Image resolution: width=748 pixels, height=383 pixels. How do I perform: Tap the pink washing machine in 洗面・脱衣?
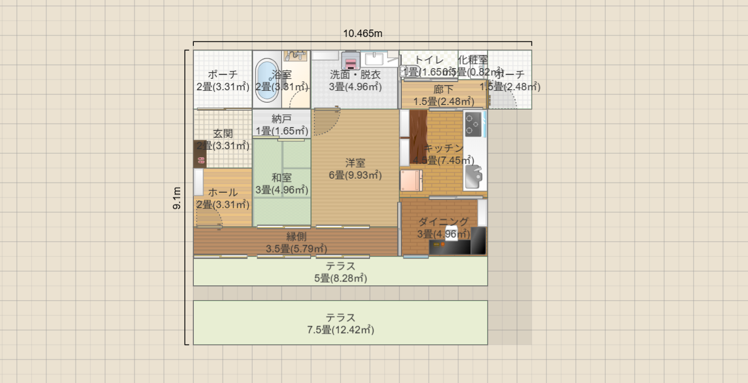[x=351, y=61]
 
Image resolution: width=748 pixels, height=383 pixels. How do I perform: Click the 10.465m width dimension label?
[x=363, y=33]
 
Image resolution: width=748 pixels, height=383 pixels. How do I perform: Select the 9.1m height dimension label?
[x=177, y=198]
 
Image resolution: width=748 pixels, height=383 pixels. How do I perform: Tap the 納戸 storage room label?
[x=282, y=119]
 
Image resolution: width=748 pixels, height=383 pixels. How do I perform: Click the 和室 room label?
[x=282, y=178]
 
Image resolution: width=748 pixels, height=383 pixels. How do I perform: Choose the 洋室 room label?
[x=355, y=163]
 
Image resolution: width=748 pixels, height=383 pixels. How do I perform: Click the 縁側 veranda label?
[x=296, y=237]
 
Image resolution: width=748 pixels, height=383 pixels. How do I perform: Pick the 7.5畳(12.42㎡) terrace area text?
[x=341, y=330]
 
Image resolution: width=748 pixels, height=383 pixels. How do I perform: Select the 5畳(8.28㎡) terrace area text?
[x=341, y=279]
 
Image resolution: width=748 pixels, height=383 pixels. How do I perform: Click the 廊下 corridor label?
[x=444, y=89]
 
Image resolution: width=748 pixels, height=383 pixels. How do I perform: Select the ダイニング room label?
[x=444, y=221]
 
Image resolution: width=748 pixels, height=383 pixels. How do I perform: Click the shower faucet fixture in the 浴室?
[x=295, y=55]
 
